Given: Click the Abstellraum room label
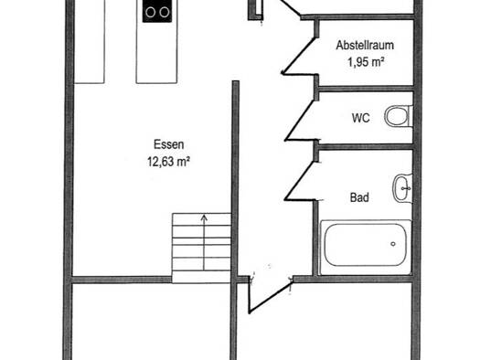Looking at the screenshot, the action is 365,46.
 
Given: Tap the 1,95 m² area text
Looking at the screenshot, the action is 366,62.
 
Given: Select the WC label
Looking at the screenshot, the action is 361,118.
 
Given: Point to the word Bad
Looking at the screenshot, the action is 359,197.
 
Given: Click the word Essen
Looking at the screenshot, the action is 168,144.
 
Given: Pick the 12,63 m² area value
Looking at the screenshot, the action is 168,162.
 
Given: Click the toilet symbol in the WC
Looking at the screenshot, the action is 399,116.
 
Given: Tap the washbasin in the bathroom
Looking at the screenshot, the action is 402,188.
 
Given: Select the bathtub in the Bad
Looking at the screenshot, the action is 366,247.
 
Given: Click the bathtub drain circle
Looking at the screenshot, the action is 393,244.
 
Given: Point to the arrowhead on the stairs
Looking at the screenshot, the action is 204,217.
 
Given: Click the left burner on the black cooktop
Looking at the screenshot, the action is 150,12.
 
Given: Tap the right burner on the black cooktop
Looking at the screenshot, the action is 165,12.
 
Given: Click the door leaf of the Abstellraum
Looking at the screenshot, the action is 297,56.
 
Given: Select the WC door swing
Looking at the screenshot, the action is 300,121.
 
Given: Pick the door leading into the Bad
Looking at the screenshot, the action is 300,181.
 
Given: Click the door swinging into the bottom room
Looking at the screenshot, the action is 270,297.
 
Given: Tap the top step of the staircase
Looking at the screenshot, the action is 201,219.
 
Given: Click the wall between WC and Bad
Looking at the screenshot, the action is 366,146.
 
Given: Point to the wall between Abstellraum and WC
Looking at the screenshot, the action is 366,89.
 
